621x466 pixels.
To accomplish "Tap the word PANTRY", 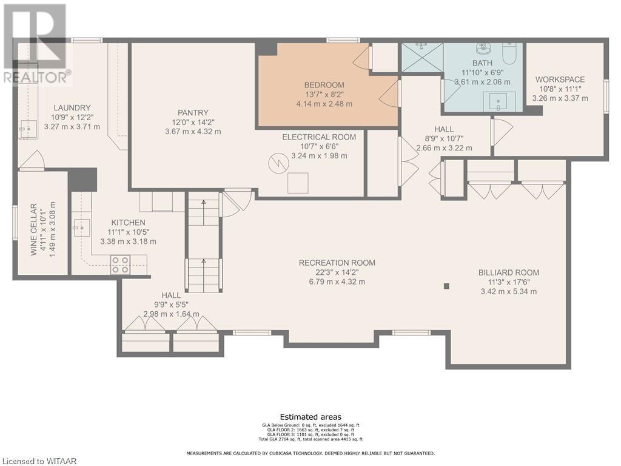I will tap(193, 112).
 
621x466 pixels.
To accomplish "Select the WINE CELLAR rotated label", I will tap(34, 229).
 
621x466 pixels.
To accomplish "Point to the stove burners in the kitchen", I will tap(119, 265).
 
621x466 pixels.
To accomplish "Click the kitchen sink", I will tap(81, 228).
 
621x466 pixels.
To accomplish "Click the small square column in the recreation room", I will tap(446, 286).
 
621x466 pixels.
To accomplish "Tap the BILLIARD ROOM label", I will tap(508, 272).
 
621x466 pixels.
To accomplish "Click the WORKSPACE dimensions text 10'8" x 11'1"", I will tap(560, 89).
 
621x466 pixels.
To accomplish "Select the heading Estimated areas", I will tap(310, 417).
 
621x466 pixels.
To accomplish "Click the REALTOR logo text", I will tap(36, 78).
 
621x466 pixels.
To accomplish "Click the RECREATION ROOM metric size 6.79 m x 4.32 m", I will tap(337, 282).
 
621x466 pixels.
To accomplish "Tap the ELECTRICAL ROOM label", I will tap(319, 137).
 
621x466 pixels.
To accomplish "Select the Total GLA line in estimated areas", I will tap(310, 439).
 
